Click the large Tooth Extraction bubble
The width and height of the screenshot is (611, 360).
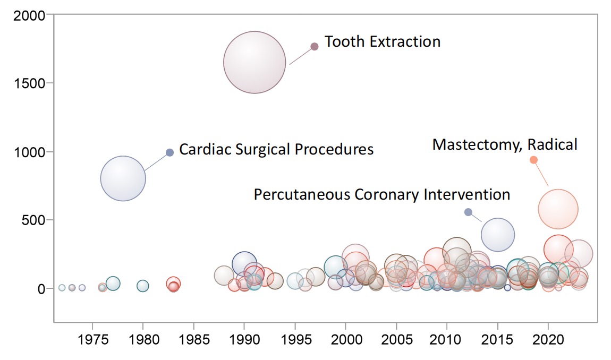pos(254,62)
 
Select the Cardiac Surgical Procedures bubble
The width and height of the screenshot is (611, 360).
pos(123,178)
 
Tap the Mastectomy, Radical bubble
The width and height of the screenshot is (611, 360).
pos(558,209)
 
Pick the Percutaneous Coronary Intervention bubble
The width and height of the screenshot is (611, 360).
pos(498,234)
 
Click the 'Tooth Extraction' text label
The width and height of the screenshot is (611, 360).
pos(383,41)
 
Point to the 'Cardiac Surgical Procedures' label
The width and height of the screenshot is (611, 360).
pos(276,149)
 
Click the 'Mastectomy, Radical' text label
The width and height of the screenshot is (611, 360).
pos(504,144)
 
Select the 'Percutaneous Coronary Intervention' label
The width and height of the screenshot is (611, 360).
pos(381,194)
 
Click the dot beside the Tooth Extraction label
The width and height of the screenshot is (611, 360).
pos(315,46)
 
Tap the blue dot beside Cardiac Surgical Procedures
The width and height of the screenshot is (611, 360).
pos(170,152)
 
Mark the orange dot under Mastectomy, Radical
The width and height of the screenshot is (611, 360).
pos(533,160)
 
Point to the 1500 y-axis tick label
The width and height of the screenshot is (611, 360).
pos(30,83)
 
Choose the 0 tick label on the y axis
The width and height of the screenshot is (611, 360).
pos(43,289)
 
